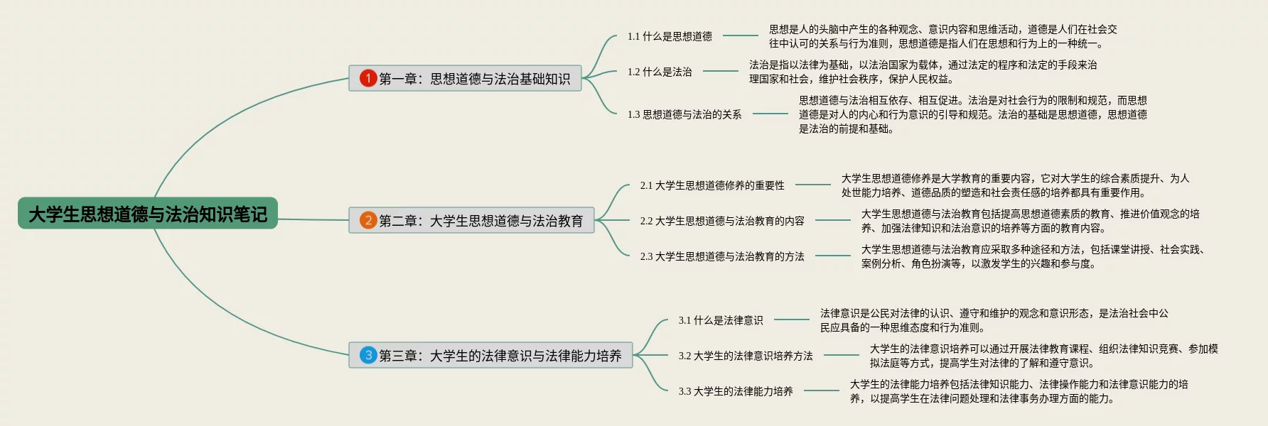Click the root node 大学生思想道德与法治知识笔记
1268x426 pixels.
click(148, 214)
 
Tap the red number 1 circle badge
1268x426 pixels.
click(368, 78)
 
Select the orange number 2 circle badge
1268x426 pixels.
click(368, 220)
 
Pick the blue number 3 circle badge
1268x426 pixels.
click(368, 355)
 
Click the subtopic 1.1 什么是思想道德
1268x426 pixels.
click(670, 36)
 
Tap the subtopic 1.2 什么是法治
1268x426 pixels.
click(660, 72)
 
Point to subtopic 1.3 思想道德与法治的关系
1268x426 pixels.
click(684, 114)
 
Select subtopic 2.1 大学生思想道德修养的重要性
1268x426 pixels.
click(712, 185)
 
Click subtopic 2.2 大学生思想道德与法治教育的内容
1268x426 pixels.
click(722, 221)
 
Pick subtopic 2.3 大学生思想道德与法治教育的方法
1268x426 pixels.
click(722, 256)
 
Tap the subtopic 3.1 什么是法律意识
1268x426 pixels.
click(721, 320)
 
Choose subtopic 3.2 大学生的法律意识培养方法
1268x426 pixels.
click(746, 356)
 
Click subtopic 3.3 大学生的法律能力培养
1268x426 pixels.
click(736, 391)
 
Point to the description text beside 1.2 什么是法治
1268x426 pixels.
click(923, 72)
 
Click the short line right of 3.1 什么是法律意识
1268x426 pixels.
click(792, 319)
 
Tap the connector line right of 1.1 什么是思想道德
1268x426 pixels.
click(741, 35)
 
